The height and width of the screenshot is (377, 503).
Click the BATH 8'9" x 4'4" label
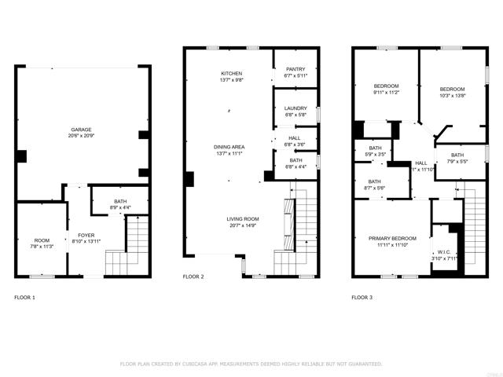pyautogui.click(x=120, y=204)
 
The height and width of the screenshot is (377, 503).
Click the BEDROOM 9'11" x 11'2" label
pyautogui.click(x=385, y=89)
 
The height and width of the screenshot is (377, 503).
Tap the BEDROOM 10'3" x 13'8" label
pyautogui.click(x=452, y=92)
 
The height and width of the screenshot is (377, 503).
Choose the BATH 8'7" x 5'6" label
pyautogui.click(x=375, y=185)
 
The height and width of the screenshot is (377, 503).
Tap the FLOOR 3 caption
pyautogui.click(x=362, y=298)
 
